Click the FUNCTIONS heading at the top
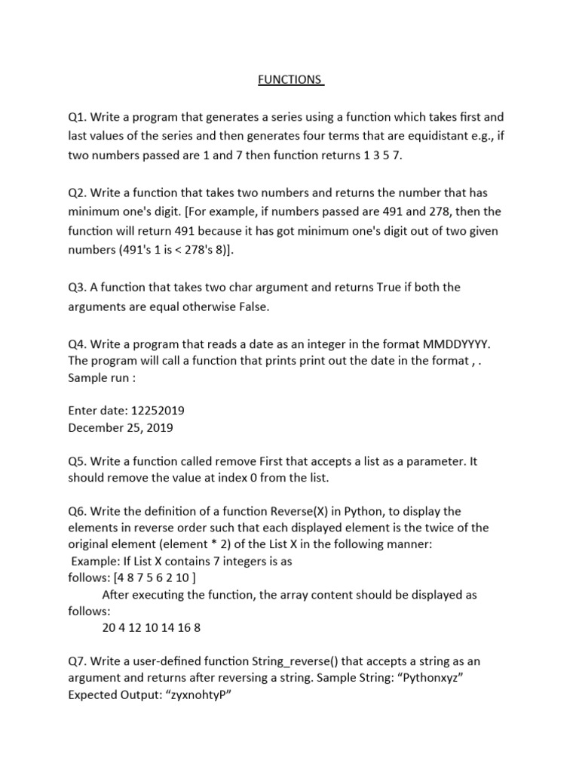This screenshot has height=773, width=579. (x=290, y=79)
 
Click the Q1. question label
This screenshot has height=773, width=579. (x=78, y=117)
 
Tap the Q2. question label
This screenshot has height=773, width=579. (x=78, y=192)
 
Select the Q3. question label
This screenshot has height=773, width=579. (x=78, y=287)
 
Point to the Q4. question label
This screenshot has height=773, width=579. (x=78, y=343)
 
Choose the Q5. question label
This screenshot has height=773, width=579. (x=78, y=461)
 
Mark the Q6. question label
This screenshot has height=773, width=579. (x=78, y=510)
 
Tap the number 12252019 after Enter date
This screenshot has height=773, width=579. (x=158, y=411)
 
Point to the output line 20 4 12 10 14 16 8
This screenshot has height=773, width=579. (x=151, y=627)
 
